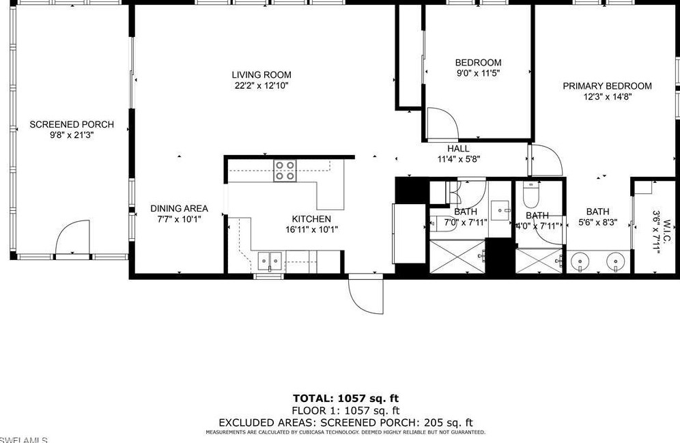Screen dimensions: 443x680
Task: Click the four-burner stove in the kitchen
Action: [285, 171]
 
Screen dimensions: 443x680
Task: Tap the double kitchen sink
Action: [271, 259]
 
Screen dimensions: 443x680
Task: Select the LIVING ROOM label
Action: [261, 75]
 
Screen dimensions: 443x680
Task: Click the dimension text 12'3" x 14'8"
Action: [606, 96]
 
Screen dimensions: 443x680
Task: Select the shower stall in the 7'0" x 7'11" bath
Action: [457, 257]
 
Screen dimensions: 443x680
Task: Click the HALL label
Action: [458, 149]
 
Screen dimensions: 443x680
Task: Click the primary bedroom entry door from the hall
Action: [546, 160]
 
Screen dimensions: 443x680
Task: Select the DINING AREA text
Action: [179, 209]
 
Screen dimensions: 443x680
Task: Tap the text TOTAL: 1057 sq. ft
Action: [345, 398]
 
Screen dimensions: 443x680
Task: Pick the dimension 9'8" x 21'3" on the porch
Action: [71, 135]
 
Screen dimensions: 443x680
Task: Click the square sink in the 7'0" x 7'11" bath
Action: [500, 208]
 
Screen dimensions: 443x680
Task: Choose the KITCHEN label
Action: [311, 219]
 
